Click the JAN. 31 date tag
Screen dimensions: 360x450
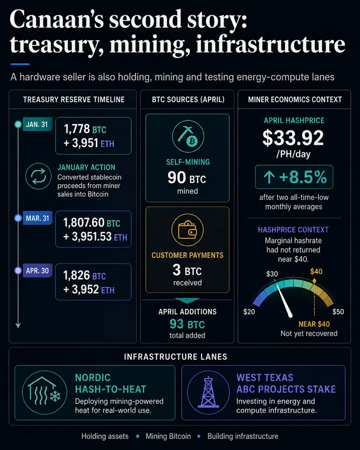click(x=37, y=124)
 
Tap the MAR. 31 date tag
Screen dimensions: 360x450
click(x=37, y=218)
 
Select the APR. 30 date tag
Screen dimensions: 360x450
click(x=37, y=271)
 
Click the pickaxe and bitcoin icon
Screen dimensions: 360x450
click(x=188, y=136)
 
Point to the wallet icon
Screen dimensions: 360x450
click(x=187, y=230)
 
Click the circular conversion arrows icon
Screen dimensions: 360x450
click(x=38, y=176)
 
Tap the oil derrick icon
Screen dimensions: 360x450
click(x=208, y=392)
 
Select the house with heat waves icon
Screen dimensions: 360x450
click(x=44, y=392)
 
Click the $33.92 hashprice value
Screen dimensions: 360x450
click(x=293, y=138)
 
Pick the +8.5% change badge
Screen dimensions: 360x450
click(x=294, y=177)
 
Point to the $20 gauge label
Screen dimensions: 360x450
click(x=249, y=312)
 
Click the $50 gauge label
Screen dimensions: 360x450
click(x=338, y=312)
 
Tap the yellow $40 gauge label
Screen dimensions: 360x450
click(x=316, y=271)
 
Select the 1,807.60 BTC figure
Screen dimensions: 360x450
click(x=92, y=222)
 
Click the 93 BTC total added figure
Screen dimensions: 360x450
click(x=187, y=324)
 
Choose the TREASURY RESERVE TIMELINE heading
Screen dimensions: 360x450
click(x=74, y=100)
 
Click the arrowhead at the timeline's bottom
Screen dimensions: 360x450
click(x=18, y=325)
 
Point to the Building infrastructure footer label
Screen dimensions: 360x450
click(x=243, y=436)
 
